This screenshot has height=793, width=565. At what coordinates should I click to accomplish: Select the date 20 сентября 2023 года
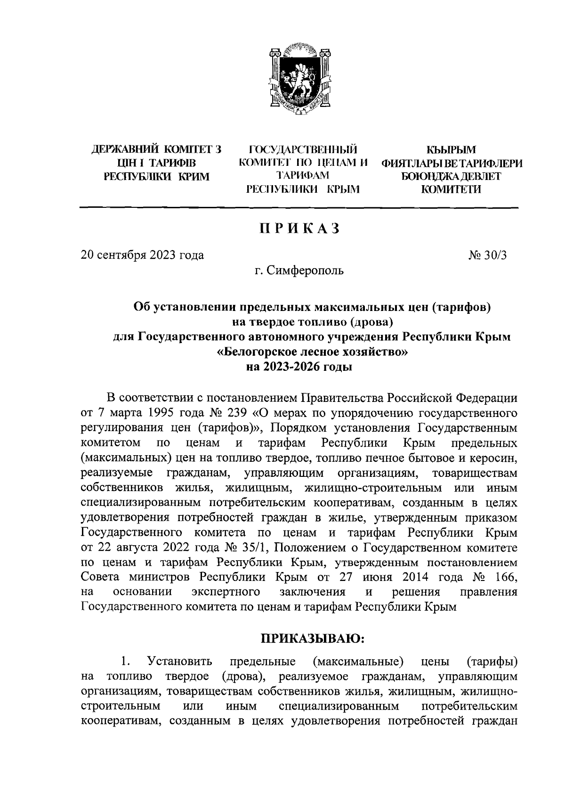(x=143, y=255)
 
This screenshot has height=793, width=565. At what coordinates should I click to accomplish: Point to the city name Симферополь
(x=305, y=270)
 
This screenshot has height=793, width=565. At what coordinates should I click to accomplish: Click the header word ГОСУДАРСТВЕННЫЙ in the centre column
(x=302, y=150)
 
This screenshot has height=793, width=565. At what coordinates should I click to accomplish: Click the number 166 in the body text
(x=507, y=577)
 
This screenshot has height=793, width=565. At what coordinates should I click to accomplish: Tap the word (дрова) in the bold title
(x=370, y=322)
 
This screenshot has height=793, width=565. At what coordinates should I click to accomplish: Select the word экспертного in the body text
(x=226, y=592)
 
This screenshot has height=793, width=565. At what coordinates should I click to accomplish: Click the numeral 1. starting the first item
(x=125, y=662)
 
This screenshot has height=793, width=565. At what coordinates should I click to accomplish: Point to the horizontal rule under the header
(x=299, y=208)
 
